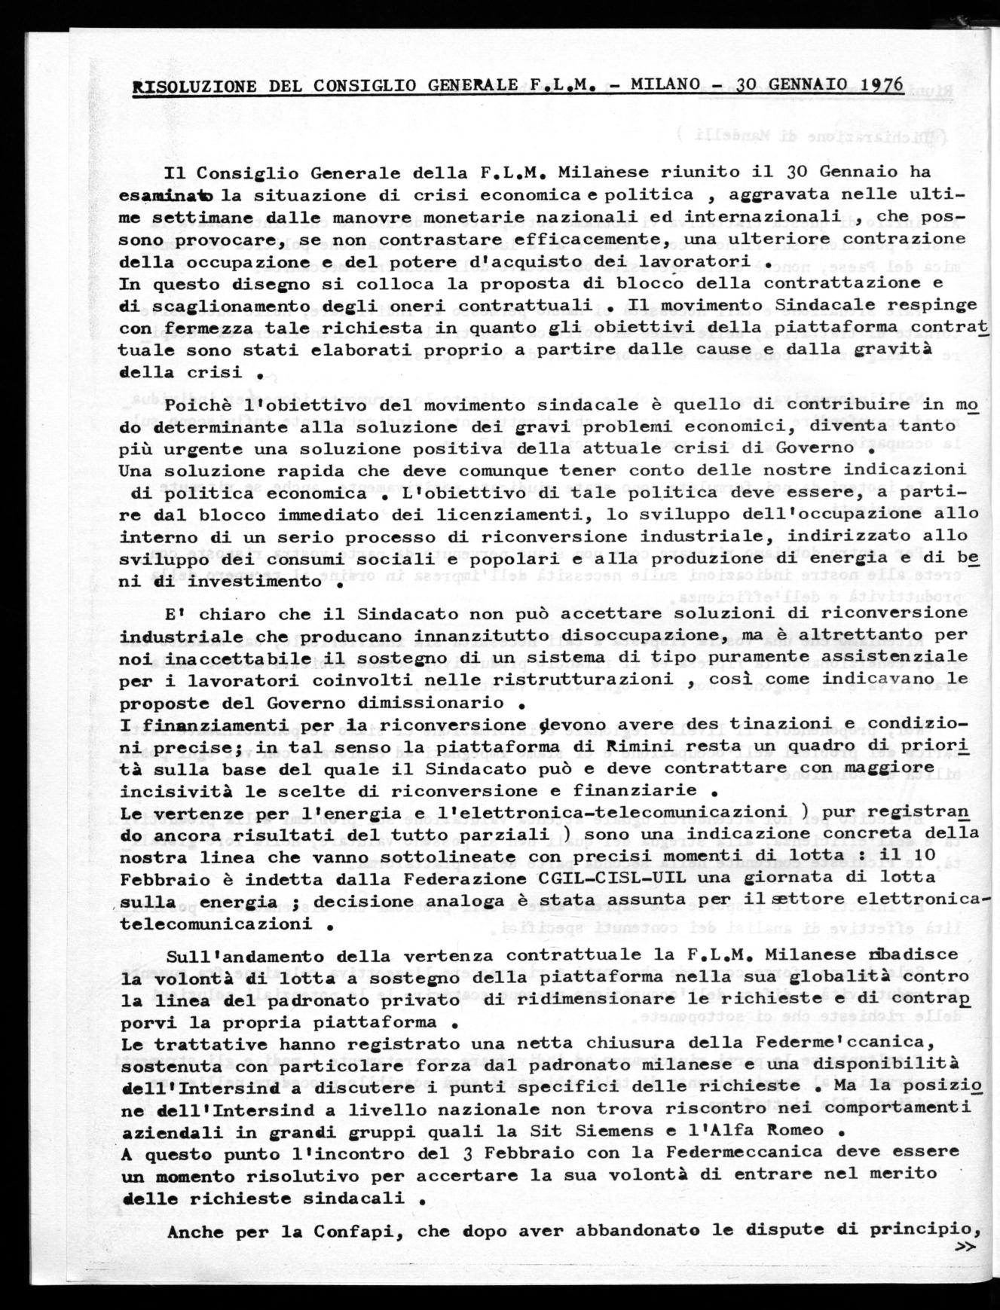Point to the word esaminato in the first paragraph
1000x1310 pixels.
(x=167, y=196)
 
